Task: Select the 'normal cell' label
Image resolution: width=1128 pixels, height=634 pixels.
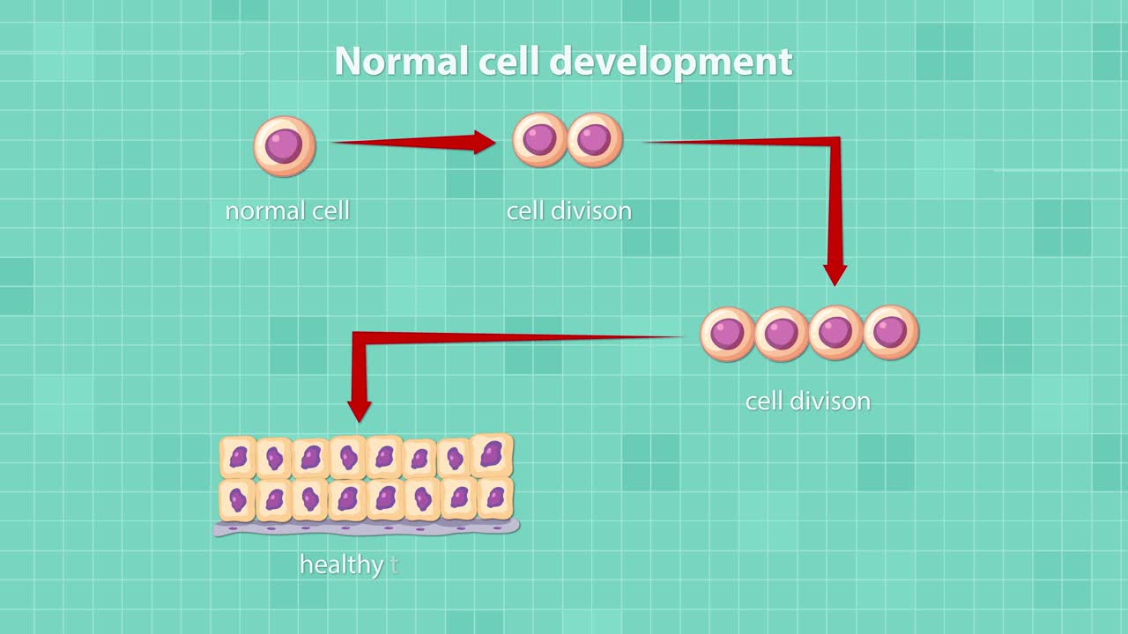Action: [287, 211]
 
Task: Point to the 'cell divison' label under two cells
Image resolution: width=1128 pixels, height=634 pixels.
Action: [568, 211]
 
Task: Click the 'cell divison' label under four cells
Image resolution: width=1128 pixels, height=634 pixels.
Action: [807, 402]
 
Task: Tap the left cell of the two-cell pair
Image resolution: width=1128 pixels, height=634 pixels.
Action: [539, 140]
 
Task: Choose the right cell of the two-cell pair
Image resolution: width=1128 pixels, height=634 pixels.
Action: [595, 140]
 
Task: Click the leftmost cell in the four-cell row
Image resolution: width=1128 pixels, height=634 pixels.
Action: [727, 333]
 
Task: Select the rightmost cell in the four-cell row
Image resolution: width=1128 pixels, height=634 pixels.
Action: [891, 333]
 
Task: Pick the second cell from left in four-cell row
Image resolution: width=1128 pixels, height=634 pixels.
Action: [782, 333]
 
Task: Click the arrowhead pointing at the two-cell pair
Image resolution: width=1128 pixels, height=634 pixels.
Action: [485, 142]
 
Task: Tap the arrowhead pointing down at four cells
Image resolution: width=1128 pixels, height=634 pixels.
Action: [835, 274]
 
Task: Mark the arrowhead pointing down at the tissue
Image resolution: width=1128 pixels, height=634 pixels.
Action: [360, 410]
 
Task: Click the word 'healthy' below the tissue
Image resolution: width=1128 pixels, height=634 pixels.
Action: [340, 564]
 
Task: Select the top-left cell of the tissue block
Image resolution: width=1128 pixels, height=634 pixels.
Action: [238, 457]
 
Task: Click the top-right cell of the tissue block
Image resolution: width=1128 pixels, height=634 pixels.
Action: [493, 455]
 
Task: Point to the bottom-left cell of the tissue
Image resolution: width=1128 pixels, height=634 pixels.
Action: [237, 500]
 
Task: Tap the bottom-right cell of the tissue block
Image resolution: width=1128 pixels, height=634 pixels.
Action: [495, 498]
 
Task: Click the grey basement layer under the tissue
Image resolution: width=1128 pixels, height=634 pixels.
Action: [366, 527]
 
